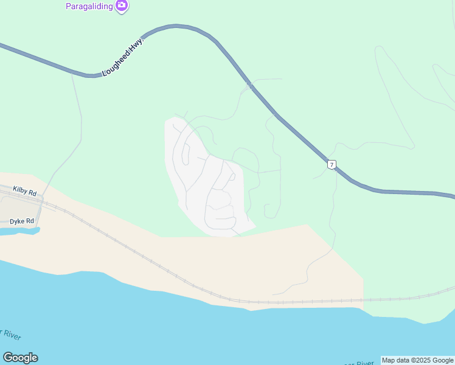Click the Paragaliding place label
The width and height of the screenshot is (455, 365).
(90, 5)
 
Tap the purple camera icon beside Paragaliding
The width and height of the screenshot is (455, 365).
(122, 5)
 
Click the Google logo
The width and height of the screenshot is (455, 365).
(20, 358)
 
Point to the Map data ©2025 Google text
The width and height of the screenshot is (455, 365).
(418, 360)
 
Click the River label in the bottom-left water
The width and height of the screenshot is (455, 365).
(10, 335)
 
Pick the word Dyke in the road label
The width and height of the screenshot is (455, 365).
(16, 221)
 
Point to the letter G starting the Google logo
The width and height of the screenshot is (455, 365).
(7, 358)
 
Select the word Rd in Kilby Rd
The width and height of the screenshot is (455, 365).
(32, 193)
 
